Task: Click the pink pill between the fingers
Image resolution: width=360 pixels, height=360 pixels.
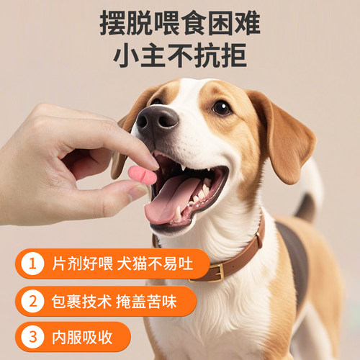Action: pos(143,175)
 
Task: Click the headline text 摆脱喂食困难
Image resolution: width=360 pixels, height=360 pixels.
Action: pos(180,24)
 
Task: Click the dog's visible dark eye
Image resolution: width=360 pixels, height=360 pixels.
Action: pos(221,107)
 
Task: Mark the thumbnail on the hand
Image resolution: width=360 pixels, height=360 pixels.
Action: pos(136,192)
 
